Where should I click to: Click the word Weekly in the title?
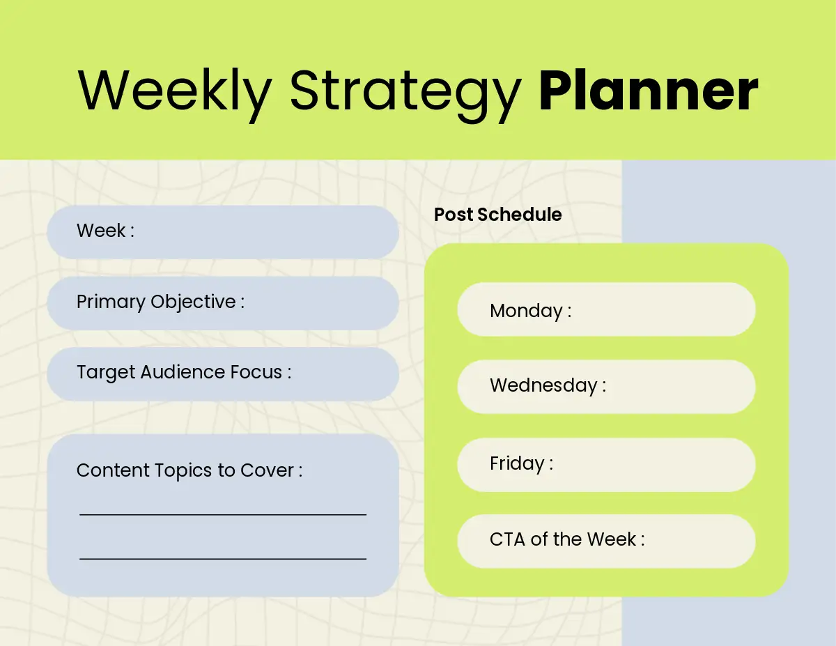coord(175,94)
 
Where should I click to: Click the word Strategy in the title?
coord(405,95)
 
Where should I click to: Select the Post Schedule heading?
coord(498,215)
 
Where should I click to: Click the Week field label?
coord(105,231)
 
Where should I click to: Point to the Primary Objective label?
coord(160,302)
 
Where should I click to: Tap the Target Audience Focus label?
coord(184,372)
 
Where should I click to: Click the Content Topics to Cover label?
coord(189,470)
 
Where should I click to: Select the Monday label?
coord(531,311)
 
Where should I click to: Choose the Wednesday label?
coord(548,385)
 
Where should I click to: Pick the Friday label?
coord(521,463)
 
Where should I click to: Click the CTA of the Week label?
coord(567,539)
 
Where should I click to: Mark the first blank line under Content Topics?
coord(223,514)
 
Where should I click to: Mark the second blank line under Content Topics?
coord(223,559)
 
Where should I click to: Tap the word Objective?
coord(193,302)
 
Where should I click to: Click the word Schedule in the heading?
coord(520,215)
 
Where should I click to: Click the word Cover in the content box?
coord(267,470)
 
